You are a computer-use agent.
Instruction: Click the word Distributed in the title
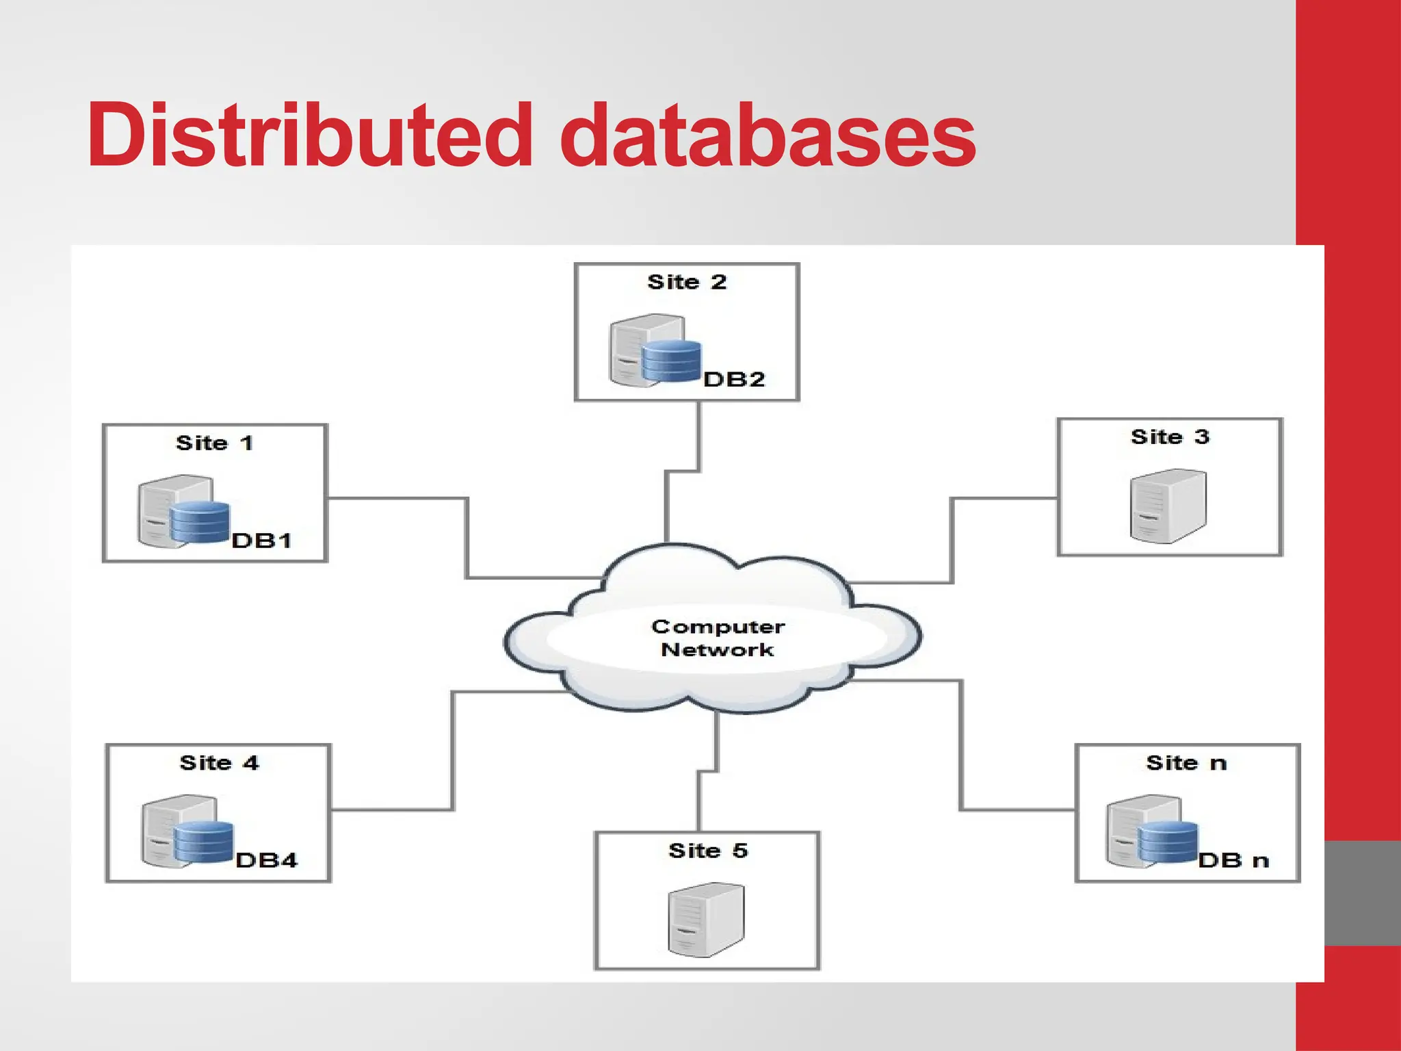(309, 135)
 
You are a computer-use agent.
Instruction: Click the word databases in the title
(768, 135)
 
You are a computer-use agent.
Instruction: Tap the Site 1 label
(214, 443)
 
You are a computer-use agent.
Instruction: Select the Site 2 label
(686, 282)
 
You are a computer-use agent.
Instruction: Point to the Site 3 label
(1170, 437)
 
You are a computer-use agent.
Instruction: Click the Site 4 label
(219, 763)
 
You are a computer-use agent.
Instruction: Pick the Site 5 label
(708, 851)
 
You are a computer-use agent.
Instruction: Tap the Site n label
(1186, 763)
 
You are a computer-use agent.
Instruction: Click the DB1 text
(261, 541)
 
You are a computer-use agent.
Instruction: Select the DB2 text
(733, 380)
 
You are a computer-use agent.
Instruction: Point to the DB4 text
(266, 861)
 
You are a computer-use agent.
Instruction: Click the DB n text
(1233, 861)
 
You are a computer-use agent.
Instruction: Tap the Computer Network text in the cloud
(718, 638)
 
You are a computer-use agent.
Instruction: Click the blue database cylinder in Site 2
(671, 361)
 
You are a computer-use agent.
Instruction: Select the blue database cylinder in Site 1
(200, 522)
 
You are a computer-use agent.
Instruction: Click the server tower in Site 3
(1168, 506)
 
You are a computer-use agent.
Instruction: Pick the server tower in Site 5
(705, 920)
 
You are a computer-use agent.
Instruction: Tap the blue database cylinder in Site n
(1167, 842)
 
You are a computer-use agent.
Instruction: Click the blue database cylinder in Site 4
(203, 842)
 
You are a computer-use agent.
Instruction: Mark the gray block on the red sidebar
(1362, 893)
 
